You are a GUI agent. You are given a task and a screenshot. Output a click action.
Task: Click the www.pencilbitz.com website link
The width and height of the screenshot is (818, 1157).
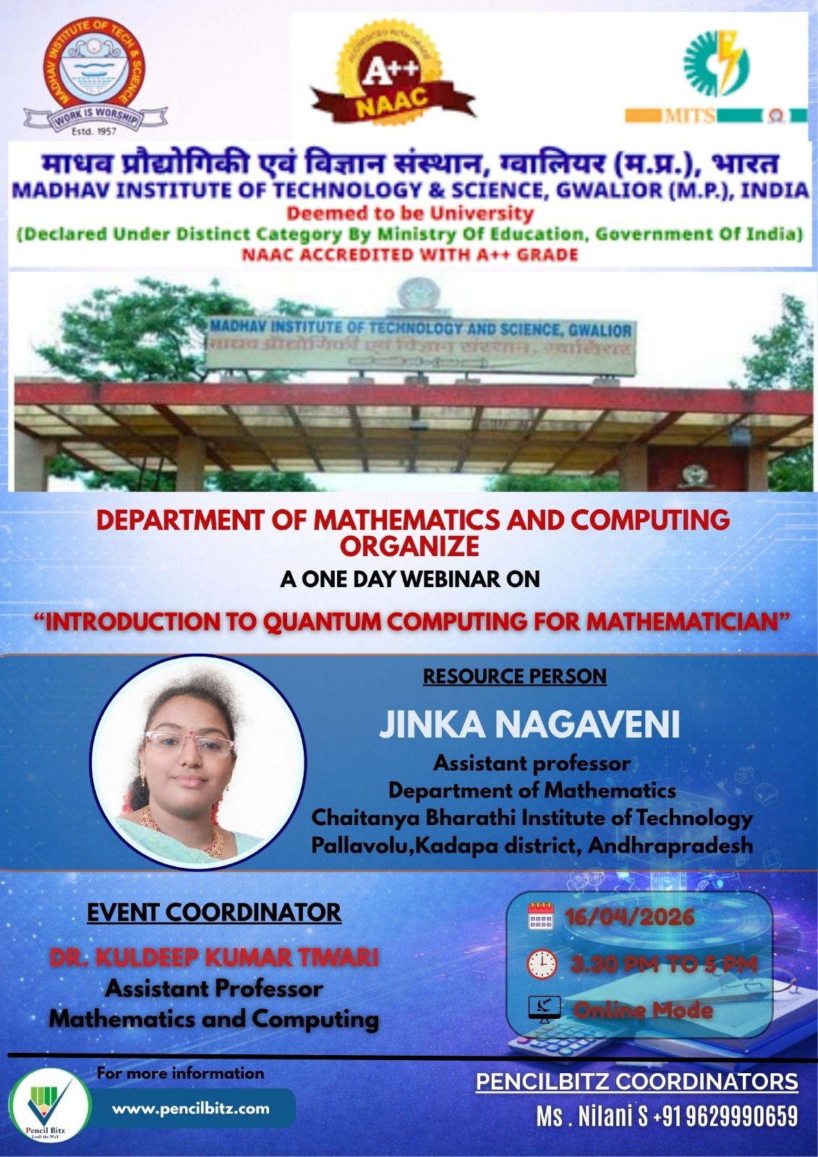click(191, 1109)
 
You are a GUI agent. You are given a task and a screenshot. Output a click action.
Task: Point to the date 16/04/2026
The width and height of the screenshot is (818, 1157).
click(629, 918)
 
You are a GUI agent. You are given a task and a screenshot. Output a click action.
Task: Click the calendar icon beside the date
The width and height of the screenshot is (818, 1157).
click(541, 916)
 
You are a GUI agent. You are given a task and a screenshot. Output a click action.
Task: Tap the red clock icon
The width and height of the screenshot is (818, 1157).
click(542, 964)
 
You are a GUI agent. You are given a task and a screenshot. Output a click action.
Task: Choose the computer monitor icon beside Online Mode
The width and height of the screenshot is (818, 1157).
click(543, 1009)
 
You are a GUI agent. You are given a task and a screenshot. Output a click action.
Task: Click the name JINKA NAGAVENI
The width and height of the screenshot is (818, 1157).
click(529, 725)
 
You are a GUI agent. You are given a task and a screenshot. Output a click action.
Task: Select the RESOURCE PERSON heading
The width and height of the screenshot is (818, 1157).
click(514, 676)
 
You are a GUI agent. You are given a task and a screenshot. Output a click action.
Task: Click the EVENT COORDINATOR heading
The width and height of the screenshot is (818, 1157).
click(214, 913)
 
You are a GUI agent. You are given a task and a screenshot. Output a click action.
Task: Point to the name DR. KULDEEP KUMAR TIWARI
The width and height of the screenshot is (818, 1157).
click(214, 957)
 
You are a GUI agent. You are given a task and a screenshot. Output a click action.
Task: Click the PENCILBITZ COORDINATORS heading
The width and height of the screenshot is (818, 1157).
click(636, 1082)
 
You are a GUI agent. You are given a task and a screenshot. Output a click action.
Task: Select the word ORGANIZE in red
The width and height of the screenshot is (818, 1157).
click(410, 547)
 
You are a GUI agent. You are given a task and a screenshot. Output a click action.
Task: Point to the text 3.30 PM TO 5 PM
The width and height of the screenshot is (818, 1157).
click(663, 964)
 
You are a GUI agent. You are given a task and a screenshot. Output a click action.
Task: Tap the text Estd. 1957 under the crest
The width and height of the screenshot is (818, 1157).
click(94, 131)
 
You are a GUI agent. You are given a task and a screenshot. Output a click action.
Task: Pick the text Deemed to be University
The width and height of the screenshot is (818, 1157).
click(410, 213)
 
